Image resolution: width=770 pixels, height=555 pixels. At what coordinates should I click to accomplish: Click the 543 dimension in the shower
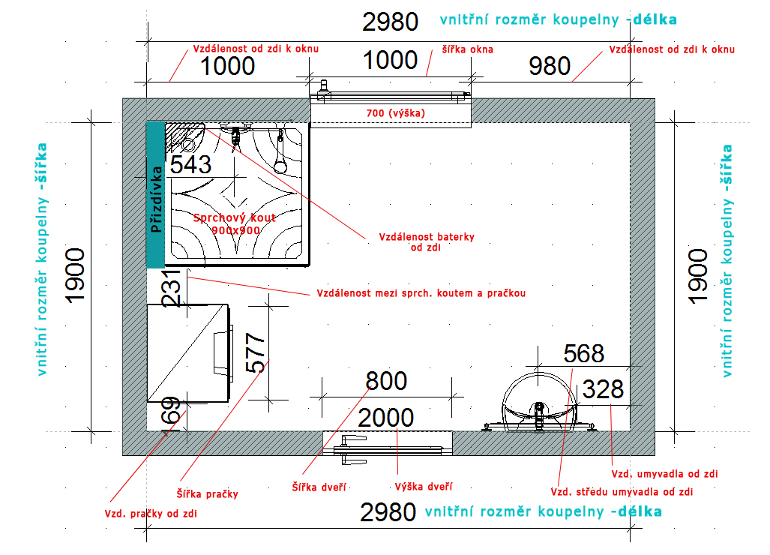190,164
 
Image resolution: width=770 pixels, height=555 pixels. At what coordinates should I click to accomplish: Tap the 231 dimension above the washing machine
173,288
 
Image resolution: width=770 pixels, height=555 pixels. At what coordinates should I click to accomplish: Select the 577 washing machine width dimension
256,352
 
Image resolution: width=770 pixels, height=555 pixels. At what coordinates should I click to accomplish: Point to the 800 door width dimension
386,381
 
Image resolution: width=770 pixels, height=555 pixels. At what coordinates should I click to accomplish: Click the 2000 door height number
386,418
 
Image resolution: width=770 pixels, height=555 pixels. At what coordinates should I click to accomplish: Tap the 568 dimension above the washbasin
584,354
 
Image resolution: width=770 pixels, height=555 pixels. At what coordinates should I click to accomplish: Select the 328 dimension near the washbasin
603,389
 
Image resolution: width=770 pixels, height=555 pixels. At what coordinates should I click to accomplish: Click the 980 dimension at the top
550,66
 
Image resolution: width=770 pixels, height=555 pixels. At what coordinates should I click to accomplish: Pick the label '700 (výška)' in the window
396,113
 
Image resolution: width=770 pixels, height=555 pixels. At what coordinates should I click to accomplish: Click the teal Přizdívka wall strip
156,195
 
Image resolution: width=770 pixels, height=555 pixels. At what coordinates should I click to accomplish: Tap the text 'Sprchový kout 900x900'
235,224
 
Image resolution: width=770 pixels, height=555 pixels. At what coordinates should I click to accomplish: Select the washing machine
189,353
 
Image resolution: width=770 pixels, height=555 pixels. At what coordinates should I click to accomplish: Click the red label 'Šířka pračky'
207,493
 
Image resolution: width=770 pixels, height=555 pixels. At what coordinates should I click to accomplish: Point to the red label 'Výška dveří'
424,487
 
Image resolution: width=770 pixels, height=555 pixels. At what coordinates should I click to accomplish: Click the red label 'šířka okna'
468,49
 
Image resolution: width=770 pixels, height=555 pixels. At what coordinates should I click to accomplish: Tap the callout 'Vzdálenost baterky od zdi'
427,242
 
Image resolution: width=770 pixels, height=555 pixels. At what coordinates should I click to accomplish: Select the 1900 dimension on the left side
76,275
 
